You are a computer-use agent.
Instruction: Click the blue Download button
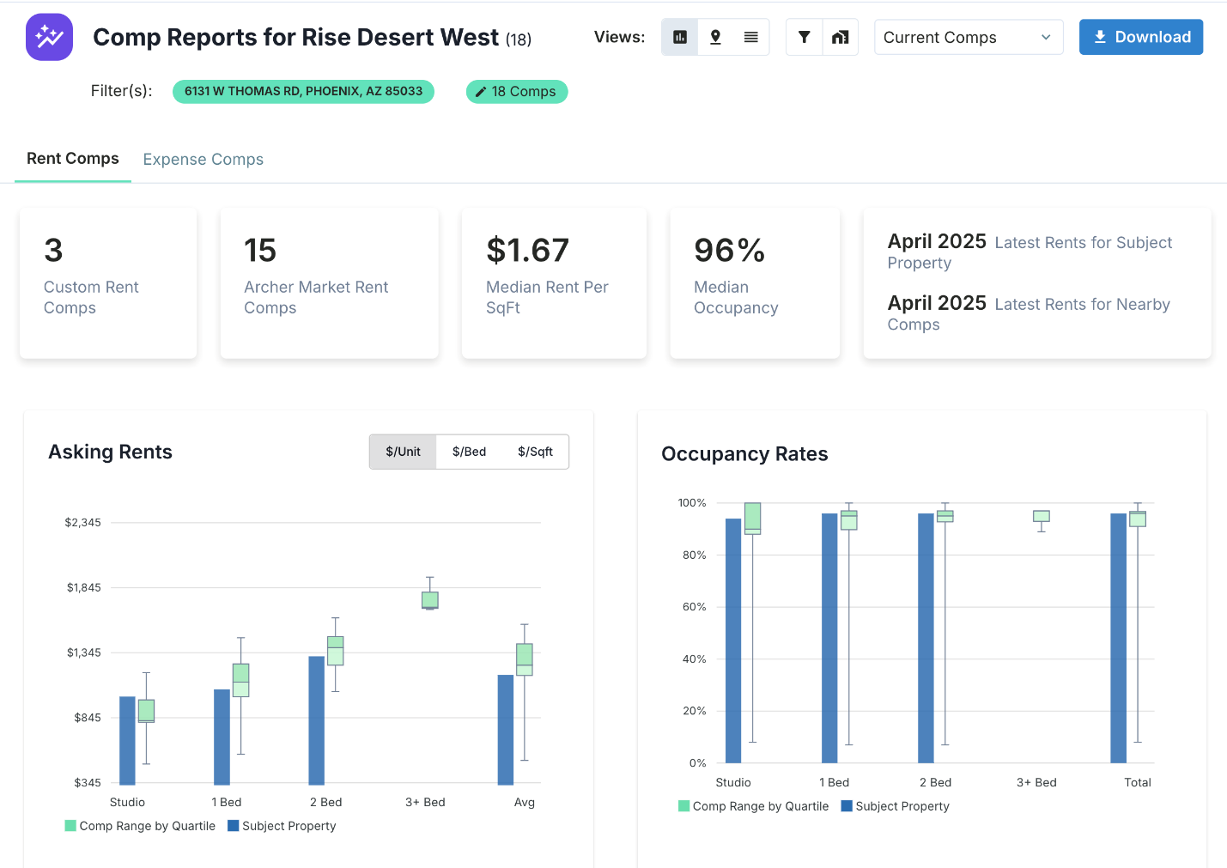tap(1140, 37)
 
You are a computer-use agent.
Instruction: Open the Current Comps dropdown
tap(968, 38)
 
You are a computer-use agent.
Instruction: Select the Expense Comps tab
tap(203, 160)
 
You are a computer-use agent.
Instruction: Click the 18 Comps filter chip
tap(516, 92)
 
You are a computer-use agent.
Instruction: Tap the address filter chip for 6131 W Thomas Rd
tap(303, 92)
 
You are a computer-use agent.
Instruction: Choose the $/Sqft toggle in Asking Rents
tap(535, 452)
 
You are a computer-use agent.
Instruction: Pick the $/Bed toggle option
tap(469, 452)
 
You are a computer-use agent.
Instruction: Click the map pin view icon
tap(715, 37)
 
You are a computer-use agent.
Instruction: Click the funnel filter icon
tap(804, 37)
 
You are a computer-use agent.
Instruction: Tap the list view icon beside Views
tap(750, 37)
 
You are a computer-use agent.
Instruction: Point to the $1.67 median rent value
tap(527, 251)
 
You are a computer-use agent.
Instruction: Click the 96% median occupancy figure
tap(729, 251)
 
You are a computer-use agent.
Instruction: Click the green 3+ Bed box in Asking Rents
tap(430, 600)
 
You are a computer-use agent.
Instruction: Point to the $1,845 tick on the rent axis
tap(84, 588)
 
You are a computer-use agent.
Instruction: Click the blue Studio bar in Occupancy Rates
tap(733, 640)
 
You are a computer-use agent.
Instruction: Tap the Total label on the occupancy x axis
tap(1137, 783)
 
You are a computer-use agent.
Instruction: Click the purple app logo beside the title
tap(49, 37)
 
